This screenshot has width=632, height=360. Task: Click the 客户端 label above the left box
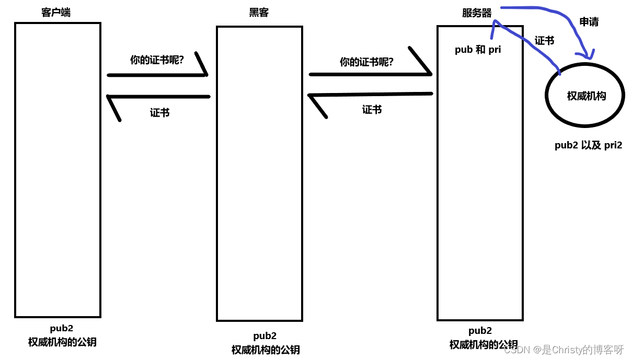55,13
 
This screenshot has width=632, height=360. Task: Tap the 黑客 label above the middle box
259,13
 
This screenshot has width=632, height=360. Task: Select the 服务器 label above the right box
477,13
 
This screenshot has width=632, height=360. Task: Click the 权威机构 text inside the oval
587,96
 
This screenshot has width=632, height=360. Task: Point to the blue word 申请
589,22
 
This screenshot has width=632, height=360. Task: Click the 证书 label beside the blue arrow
544,40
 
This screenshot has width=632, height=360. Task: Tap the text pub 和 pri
478,50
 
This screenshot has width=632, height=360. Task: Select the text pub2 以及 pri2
588,145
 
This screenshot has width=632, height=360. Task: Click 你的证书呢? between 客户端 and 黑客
157,60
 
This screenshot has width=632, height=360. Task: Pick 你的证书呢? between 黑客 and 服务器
366,62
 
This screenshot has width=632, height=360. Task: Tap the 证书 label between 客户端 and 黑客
159,112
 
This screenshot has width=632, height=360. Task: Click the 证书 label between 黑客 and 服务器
372,109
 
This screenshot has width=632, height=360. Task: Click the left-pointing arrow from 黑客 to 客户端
157,97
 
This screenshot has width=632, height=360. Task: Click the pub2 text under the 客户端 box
62,329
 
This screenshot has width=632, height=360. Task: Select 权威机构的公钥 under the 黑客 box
266,350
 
